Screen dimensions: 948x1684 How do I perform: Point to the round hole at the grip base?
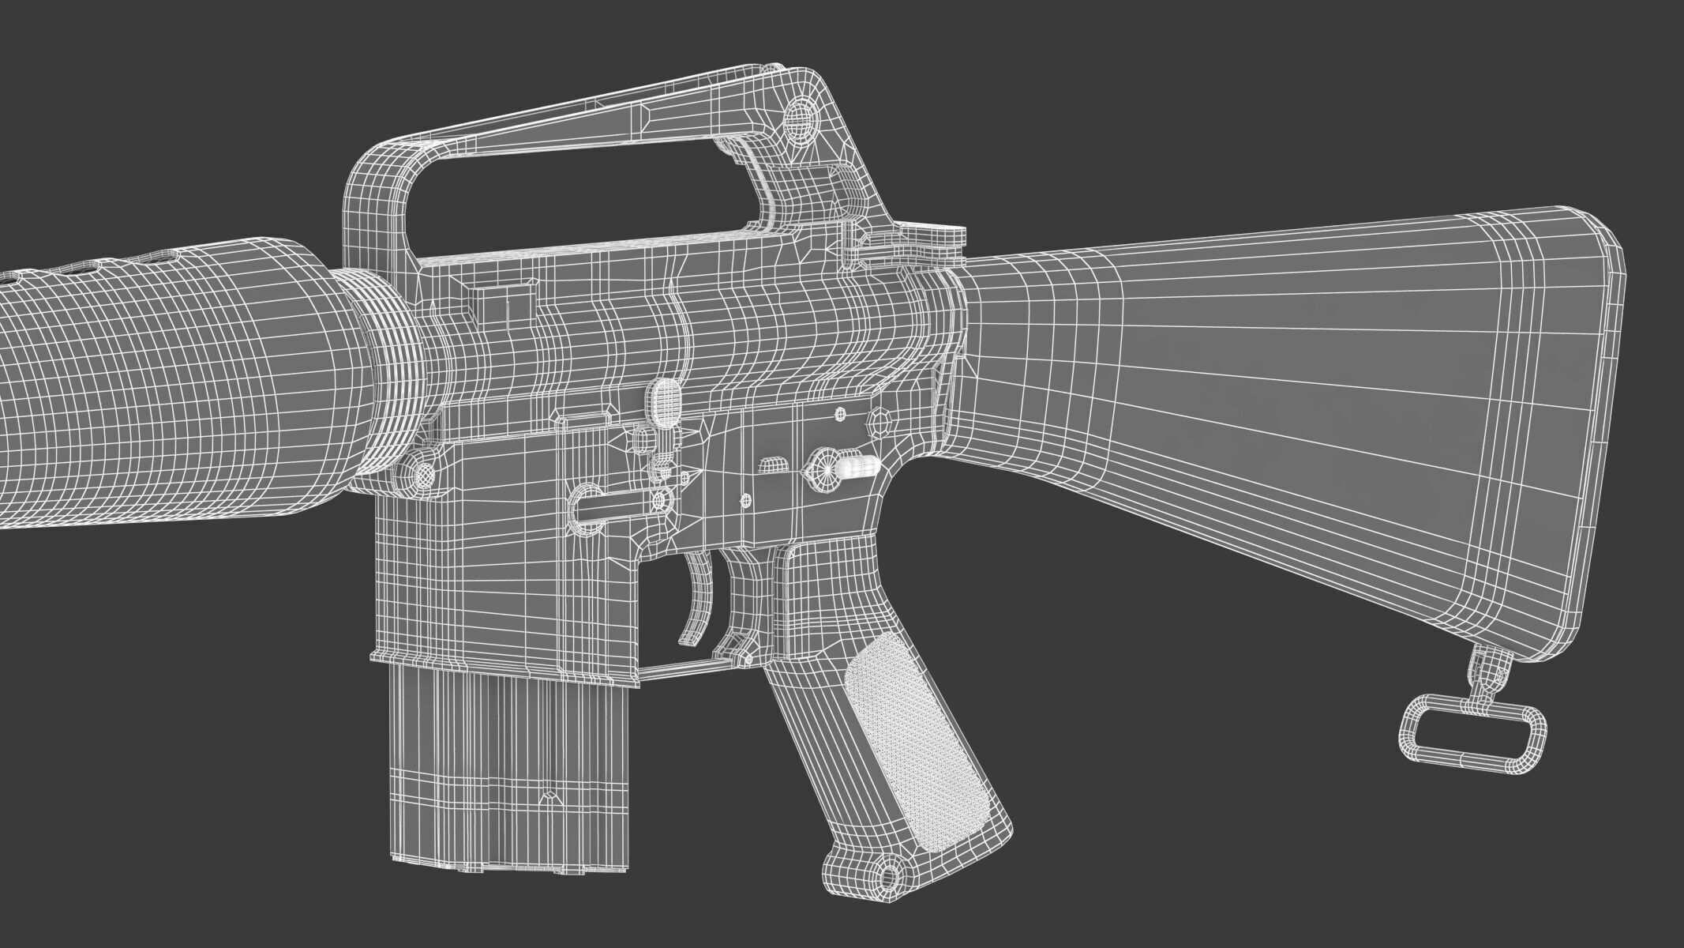(x=890, y=875)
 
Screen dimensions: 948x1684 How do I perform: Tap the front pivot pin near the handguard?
(x=423, y=474)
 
